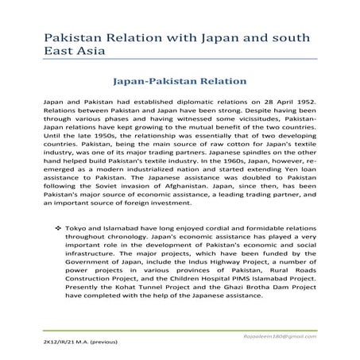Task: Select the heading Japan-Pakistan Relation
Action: point(180,81)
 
